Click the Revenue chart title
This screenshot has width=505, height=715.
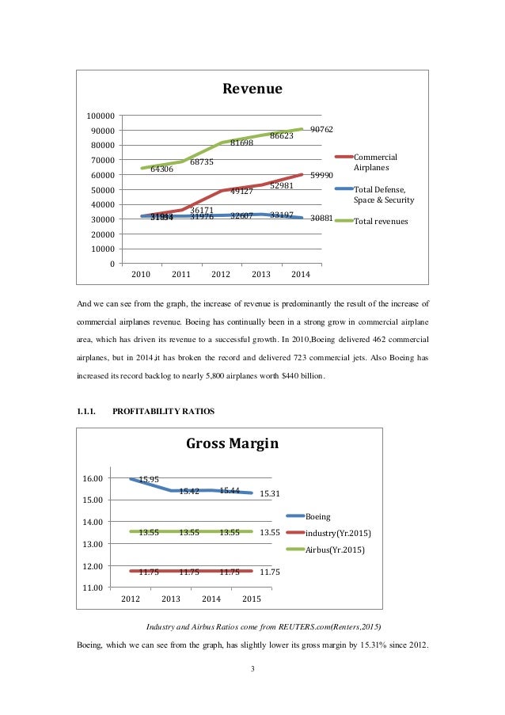[x=252, y=89]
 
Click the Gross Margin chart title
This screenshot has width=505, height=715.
[x=232, y=443]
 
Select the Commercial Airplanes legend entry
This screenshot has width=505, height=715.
[x=374, y=162]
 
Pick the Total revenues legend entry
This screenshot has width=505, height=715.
[x=380, y=222]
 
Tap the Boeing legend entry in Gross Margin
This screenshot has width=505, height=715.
[x=317, y=516]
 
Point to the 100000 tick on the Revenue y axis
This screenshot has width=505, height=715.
[x=100, y=116]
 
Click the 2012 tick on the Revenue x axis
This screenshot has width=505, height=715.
[x=221, y=275]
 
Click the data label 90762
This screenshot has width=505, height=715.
[x=321, y=129]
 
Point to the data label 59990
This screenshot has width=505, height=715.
[x=321, y=175]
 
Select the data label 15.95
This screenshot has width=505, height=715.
[x=149, y=480]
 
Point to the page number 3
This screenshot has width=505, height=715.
[x=252, y=671]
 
